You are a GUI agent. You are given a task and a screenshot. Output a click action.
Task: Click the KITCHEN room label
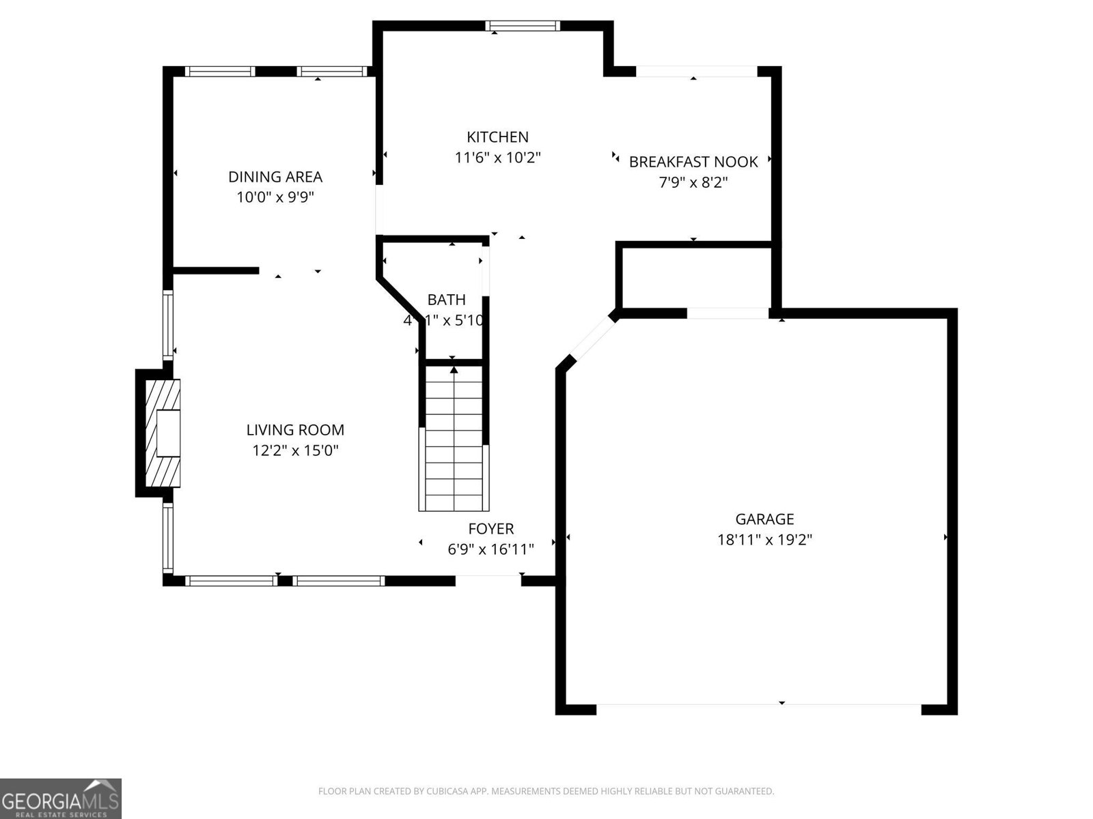[x=497, y=137]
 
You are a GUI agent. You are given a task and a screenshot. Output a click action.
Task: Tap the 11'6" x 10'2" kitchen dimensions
[x=497, y=158]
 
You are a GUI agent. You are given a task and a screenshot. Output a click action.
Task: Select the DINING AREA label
[x=275, y=177]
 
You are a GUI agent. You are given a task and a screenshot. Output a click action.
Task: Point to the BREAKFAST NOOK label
[x=693, y=162]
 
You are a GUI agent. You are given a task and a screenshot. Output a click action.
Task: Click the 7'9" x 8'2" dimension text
[x=693, y=182]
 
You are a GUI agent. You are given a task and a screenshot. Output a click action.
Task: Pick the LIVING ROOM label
[x=295, y=430]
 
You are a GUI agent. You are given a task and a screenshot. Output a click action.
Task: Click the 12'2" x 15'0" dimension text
[x=295, y=450]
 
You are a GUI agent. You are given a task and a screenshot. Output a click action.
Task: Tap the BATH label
[x=446, y=300]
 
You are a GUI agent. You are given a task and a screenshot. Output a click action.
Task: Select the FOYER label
[x=490, y=528]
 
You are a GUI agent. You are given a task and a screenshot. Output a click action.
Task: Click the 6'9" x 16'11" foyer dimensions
[x=490, y=549]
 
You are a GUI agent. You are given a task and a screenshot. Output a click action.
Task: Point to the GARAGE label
[x=764, y=519]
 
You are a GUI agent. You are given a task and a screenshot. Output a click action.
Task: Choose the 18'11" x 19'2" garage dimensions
[x=764, y=540]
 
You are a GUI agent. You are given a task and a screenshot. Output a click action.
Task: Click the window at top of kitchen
[x=523, y=26]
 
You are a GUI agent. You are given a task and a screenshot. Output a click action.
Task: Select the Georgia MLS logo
[x=60, y=798]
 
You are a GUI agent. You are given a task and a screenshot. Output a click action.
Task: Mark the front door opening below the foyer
[x=488, y=580]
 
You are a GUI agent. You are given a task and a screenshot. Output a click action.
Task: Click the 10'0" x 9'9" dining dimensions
[x=275, y=197]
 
